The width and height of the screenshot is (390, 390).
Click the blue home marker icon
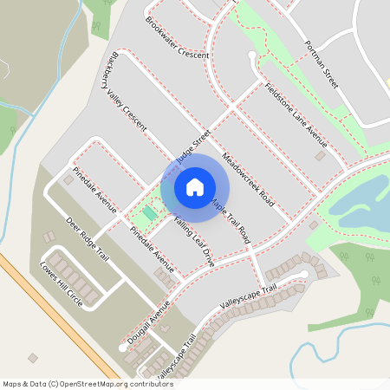(195, 186)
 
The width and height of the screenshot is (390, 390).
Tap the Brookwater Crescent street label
(178, 38)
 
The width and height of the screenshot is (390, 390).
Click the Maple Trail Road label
(231, 220)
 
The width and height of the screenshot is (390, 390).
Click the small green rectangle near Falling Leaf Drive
(150, 213)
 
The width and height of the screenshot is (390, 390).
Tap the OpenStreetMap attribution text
(76, 383)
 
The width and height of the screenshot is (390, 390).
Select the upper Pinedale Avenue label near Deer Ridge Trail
(94, 189)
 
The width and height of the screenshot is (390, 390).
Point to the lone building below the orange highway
(34, 358)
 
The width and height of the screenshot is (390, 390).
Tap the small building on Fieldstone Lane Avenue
(320, 158)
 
